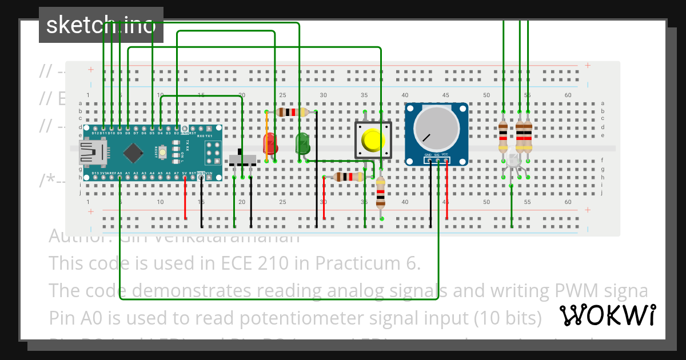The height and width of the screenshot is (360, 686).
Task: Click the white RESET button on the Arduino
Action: coord(163,153)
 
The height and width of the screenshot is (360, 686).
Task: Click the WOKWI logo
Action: coord(608,315)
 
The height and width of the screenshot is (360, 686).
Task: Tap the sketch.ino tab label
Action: coord(101,25)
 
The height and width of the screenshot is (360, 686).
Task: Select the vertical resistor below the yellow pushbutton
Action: coord(381,192)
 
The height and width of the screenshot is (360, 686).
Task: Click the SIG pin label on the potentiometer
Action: coord(437,155)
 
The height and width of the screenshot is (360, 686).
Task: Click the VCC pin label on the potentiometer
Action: coord(445,155)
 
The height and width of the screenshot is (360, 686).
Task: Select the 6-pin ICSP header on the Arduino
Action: coord(214,153)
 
